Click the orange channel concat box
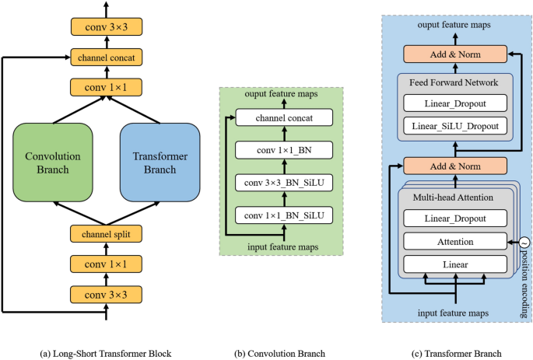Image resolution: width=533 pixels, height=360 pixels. [105, 56]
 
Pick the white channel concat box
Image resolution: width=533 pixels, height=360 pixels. [283, 118]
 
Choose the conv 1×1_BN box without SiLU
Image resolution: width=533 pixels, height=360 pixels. [283, 149]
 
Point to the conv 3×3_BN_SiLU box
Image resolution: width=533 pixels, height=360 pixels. [283, 182]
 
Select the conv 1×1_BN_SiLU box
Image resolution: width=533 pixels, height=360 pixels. [283, 214]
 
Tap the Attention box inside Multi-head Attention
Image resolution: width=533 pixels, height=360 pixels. [455, 243]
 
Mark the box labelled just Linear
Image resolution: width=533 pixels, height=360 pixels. [455, 264]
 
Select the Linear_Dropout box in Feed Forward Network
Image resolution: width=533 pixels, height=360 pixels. [455, 103]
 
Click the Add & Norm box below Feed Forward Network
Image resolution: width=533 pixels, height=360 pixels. [455, 165]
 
